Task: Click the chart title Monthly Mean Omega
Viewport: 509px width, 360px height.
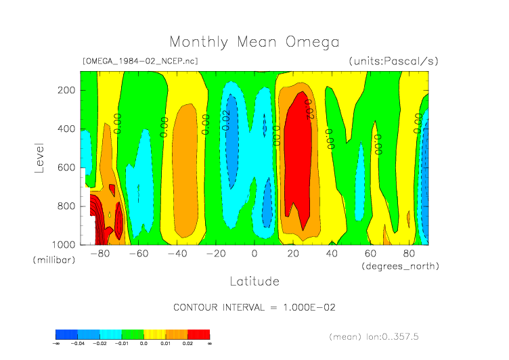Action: [x=254, y=42]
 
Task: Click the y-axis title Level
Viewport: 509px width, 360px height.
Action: [x=39, y=157]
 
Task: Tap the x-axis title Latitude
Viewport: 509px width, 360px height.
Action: [x=254, y=281]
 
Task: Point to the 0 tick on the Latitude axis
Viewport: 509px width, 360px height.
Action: [x=255, y=254]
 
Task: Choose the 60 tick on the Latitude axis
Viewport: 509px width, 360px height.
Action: [x=370, y=254]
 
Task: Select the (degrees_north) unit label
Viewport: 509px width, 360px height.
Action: [x=400, y=266]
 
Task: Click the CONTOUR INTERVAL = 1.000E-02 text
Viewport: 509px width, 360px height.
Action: [x=254, y=307]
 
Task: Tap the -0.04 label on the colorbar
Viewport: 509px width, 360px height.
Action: [x=78, y=344]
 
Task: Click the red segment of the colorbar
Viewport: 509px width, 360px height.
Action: [x=198, y=334]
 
